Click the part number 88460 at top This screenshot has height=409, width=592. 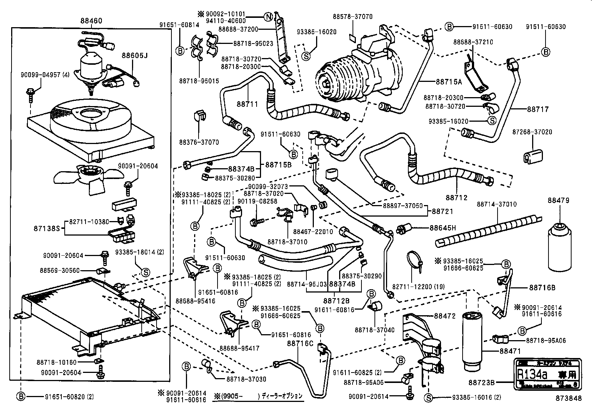[x=91, y=21]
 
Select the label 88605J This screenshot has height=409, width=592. [x=135, y=55]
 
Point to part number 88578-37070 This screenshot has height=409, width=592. [x=353, y=17]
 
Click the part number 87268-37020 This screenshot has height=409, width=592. [x=532, y=132]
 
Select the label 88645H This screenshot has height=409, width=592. [x=443, y=228]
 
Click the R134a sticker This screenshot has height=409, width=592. [x=546, y=374]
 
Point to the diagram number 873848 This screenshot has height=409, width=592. [x=568, y=398]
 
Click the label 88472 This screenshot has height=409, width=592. [x=445, y=316]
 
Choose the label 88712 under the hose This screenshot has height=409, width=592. [x=457, y=198]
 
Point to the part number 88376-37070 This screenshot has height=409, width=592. [x=199, y=142]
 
